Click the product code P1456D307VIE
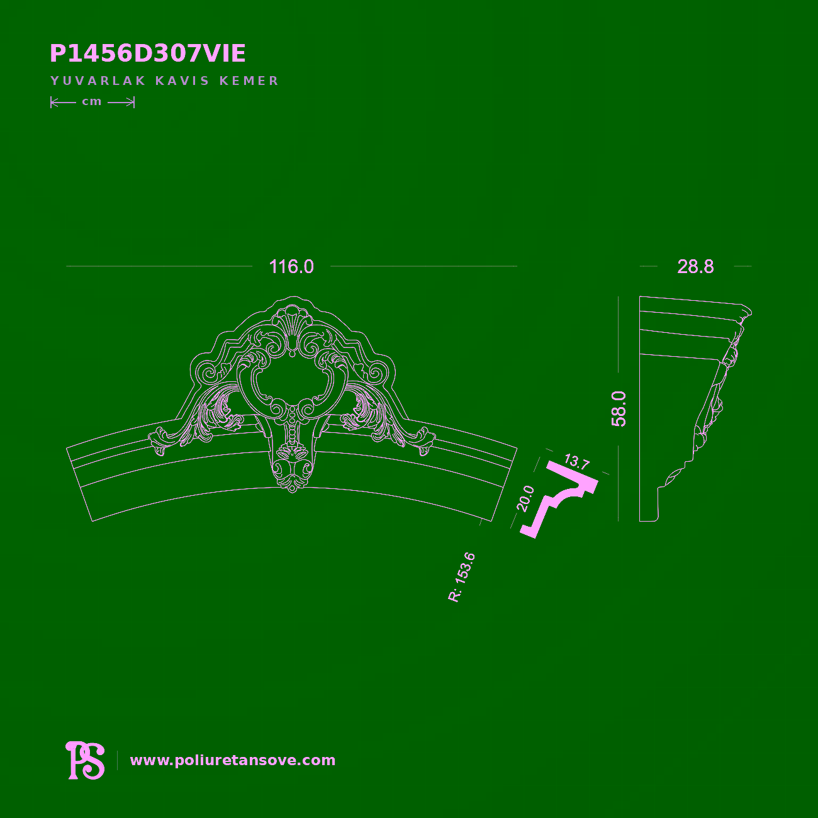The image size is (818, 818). click(147, 53)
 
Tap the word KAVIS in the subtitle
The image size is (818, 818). click(182, 81)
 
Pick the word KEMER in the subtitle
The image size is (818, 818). click(249, 81)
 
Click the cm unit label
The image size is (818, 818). click(92, 102)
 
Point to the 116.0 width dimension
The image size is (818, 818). click(291, 267)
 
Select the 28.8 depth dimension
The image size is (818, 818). click(695, 267)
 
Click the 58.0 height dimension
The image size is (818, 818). click(619, 409)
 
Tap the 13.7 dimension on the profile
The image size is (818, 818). click(577, 461)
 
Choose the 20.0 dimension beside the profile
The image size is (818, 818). click(525, 498)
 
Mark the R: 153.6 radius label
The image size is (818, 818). click(461, 578)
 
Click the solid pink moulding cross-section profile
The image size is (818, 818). click(559, 500)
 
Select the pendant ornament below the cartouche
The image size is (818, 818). click(292, 467)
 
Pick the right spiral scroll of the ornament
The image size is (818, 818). click(375, 374)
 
